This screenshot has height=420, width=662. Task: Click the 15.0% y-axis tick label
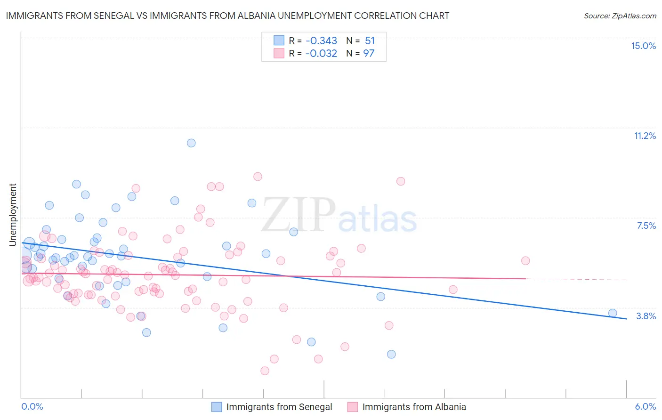[x=643, y=46]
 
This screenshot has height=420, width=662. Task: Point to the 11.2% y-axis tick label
[x=645, y=136]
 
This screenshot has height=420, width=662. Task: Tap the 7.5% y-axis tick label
[x=646, y=226]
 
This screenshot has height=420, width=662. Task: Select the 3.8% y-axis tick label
[x=646, y=316]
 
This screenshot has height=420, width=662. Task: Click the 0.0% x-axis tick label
[x=32, y=406]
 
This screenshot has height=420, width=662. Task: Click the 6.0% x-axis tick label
[x=645, y=406]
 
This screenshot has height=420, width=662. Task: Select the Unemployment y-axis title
[x=13, y=215]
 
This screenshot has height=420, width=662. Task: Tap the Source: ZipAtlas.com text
[x=620, y=16]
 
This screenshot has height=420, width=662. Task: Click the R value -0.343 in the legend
[x=321, y=40]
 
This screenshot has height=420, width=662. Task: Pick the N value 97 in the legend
[x=369, y=53]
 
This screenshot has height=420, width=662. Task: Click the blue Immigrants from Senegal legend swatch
[x=217, y=407]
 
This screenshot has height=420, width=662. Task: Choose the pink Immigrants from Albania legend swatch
[x=353, y=407]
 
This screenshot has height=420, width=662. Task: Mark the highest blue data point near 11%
[x=191, y=143]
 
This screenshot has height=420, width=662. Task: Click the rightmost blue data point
[x=613, y=313]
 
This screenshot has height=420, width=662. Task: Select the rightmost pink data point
[x=525, y=261]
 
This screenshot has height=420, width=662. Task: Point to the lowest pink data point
[x=265, y=371]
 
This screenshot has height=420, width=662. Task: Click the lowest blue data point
[x=391, y=355]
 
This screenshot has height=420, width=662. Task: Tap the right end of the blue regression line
[x=626, y=319]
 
